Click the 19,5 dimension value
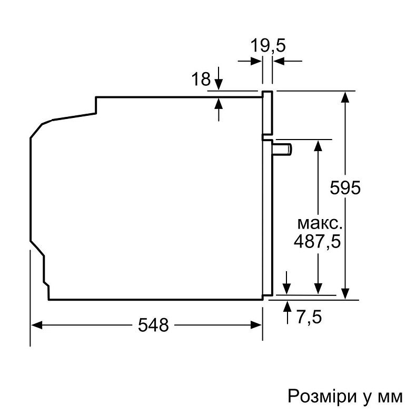click(267, 46)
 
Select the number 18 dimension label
click(201, 80)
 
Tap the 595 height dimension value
click(345, 187)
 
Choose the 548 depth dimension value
click(153, 325)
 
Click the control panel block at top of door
click(268, 112)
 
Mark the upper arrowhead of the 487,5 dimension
click(318, 145)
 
